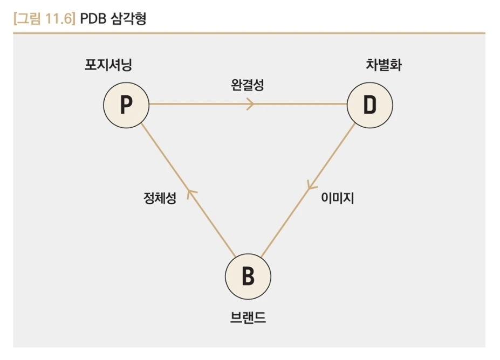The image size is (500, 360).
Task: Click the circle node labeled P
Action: point(126,105)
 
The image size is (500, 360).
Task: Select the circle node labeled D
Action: point(369,105)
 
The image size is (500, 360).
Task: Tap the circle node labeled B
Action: point(248,276)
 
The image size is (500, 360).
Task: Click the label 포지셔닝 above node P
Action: point(108,66)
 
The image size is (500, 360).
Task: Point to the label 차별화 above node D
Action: point(384,66)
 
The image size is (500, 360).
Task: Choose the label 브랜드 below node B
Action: point(248,317)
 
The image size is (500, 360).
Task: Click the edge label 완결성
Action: point(248,85)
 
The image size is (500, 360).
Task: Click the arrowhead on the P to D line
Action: point(250,105)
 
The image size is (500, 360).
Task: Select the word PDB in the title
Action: point(93,19)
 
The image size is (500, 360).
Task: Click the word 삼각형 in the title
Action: point(129,19)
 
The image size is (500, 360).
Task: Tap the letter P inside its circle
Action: point(126,106)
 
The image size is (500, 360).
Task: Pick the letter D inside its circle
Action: point(369,106)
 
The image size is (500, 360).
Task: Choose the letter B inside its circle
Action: point(248,277)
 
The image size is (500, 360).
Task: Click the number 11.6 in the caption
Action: point(58,19)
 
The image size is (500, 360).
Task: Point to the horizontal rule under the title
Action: point(248,33)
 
